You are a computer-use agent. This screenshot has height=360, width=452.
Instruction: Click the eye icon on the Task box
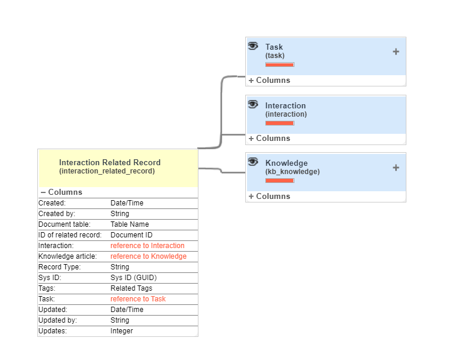pyautogui.click(x=253, y=46)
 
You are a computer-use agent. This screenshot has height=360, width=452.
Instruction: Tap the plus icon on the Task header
pyautogui.click(x=396, y=52)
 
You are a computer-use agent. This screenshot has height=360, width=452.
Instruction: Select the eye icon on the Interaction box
pyautogui.click(x=253, y=104)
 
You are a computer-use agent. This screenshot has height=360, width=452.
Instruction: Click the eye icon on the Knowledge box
pyautogui.click(x=253, y=162)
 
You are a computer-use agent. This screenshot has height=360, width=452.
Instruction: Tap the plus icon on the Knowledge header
pyautogui.click(x=396, y=168)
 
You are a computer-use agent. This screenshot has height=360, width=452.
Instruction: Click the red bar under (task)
pyautogui.click(x=280, y=65)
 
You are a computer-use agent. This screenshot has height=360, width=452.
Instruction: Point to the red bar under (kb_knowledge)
pyautogui.click(x=280, y=181)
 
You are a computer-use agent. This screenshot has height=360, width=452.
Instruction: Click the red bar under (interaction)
pyautogui.click(x=280, y=123)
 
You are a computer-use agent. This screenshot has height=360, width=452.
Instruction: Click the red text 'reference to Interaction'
pyautogui.click(x=148, y=246)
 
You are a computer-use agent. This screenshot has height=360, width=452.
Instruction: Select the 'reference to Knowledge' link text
pyautogui.click(x=148, y=256)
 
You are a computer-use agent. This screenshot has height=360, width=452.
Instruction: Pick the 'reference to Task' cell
pyautogui.click(x=138, y=299)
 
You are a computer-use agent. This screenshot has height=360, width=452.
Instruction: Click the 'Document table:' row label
pyautogui.click(x=65, y=224)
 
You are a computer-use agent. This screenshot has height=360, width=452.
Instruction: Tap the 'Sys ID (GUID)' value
pyautogui.click(x=134, y=278)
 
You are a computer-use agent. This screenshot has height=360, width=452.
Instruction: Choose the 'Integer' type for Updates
pyautogui.click(x=122, y=331)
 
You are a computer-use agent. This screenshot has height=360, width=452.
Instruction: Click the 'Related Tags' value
pyautogui.click(x=131, y=288)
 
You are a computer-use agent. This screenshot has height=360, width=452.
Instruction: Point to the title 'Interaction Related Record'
pyautogui.click(x=110, y=162)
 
